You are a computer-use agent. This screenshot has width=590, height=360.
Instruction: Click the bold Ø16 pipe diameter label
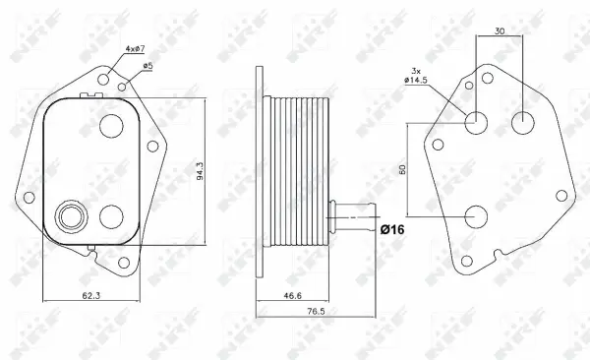pos(393,229)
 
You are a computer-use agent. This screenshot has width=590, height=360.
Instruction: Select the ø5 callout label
pos(147,66)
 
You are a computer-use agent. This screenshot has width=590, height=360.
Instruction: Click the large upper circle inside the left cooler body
pos(111,128)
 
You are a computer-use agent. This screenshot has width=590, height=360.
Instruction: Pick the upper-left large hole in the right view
pos(476,123)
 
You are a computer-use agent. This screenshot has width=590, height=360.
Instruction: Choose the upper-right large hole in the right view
pos(523,123)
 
